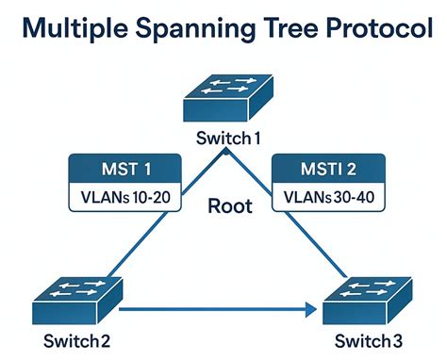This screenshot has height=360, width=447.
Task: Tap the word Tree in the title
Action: (x=300, y=28)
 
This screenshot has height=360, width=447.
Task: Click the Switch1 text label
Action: (x=227, y=139)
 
